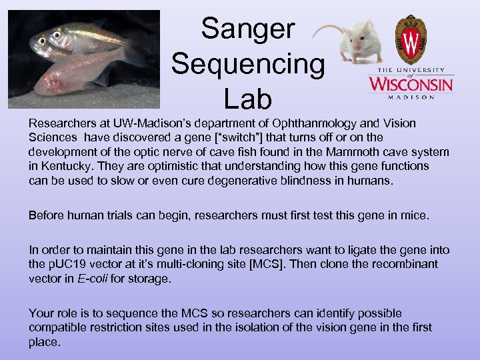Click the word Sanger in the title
[x=248, y=29]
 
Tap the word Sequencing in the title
[x=248, y=64]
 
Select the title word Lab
[x=248, y=99]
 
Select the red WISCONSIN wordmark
[x=411, y=83]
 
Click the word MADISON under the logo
[x=411, y=97]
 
